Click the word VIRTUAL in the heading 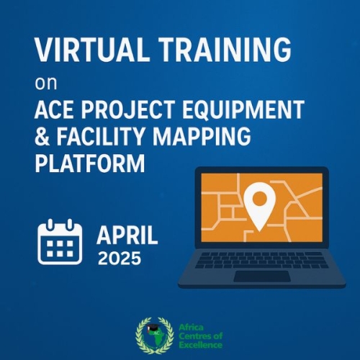pyautogui.click(x=91, y=50)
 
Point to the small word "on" pyautogui.click(x=46, y=84)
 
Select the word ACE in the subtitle pyautogui.click(x=54, y=109)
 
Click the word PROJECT pyautogui.click(x=127, y=109)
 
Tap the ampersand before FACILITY pyautogui.click(x=42, y=136)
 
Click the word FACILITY pyautogui.click(x=100, y=136)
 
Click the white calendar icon pyautogui.click(x=60, y=242)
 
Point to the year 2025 pyautogui.click(x=120, y=258)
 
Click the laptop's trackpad pyautogui.click(x=262, y=276)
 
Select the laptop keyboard pyautogui.click(x=262, y=260)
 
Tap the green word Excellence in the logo pyautogui.click(x=201, y=345)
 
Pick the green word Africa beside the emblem pyautogui.click(x=191, y=328)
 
